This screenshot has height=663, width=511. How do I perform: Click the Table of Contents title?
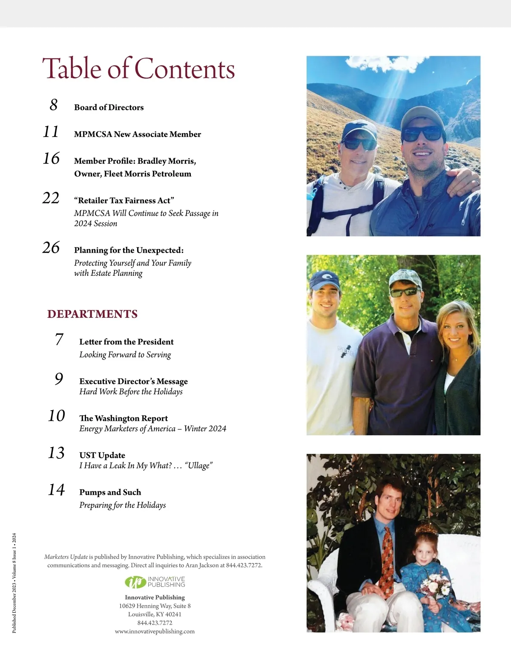pos(138,69)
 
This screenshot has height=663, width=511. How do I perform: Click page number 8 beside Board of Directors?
pos(53,105)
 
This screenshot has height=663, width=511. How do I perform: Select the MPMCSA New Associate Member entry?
pos(137,134)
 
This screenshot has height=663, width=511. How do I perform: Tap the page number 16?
pos(51,158)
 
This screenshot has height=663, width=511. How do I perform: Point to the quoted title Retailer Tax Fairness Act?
pos(124,200)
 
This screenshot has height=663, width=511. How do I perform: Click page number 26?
pos(51,247)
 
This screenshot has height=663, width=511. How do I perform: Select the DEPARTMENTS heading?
pos(92,314)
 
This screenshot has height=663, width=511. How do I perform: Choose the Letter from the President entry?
pos(126,342)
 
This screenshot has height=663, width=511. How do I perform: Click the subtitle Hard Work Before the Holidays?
pos(131,392)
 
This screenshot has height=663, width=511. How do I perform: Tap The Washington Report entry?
pos(123,418)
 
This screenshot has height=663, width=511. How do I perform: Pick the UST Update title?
pos(102,455)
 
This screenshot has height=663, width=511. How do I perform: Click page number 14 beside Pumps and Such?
pos(56,490)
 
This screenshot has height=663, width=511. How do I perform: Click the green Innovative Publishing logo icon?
pos(135,582)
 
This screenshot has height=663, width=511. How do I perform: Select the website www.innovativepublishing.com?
pos(155,632)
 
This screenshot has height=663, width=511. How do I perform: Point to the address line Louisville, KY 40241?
pos(155,614)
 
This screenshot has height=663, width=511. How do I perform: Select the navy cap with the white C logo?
pos(324,281)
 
